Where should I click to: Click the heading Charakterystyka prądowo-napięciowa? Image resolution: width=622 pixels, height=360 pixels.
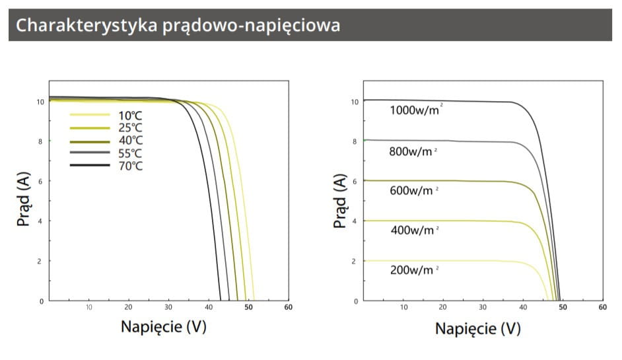[178, 25]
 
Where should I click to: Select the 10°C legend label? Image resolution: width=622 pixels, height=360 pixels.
[131, 115]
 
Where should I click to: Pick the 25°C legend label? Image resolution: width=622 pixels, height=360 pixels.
[131, 128]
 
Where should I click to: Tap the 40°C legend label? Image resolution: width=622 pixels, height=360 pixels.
[131, 141]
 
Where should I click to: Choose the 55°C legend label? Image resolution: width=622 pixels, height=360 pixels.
[131, 153]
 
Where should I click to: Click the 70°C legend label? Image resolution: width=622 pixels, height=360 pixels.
[131, 166]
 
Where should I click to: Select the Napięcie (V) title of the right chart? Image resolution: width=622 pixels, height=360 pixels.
[477, 328]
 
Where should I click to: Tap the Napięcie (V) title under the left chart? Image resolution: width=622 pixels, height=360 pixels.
[163, 326]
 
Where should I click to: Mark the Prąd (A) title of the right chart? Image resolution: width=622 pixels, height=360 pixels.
[339, 201]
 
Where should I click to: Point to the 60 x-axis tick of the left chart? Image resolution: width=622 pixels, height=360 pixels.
[288, 307]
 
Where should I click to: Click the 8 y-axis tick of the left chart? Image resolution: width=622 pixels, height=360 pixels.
[41, 141]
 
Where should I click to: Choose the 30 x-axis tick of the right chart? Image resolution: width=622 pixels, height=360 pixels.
[483, 307]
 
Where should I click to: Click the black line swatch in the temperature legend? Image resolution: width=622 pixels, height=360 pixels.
[89, 166]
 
